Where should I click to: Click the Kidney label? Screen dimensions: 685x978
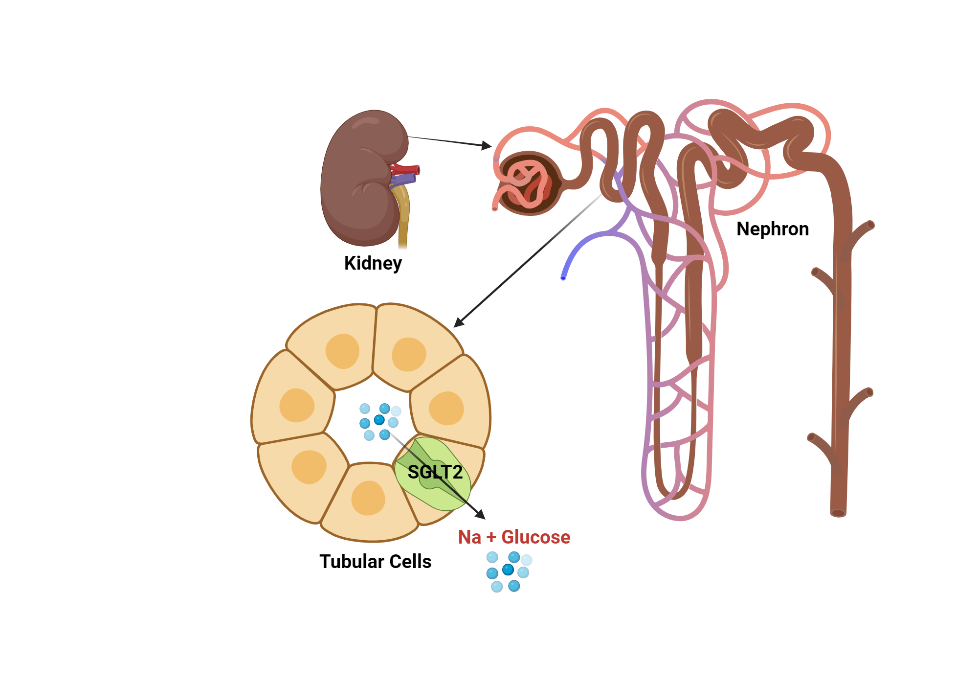point(373,263)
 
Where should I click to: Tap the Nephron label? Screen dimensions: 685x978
point(773,229)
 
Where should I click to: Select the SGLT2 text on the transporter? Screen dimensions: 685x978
point(435,472)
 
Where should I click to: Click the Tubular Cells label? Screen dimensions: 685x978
point(375,561)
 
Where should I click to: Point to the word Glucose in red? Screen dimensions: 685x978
point(535,537)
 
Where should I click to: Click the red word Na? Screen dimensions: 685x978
point(469,537)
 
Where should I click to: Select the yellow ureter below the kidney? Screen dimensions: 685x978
point(403,220)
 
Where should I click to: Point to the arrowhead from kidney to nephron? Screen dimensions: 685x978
point(487,145)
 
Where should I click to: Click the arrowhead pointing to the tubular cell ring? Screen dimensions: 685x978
point(458,322)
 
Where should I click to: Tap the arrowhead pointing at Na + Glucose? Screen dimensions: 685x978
point(481,515)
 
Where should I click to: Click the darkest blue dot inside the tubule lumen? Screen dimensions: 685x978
point(379,420)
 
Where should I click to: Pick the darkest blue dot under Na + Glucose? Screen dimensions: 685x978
point(508,570)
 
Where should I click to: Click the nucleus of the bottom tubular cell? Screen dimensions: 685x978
point(368,498)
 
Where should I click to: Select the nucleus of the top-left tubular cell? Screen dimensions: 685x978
point(342,351)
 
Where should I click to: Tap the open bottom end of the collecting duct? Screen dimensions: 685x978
point(838,513)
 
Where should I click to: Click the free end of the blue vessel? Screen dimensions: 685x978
point(563,277)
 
